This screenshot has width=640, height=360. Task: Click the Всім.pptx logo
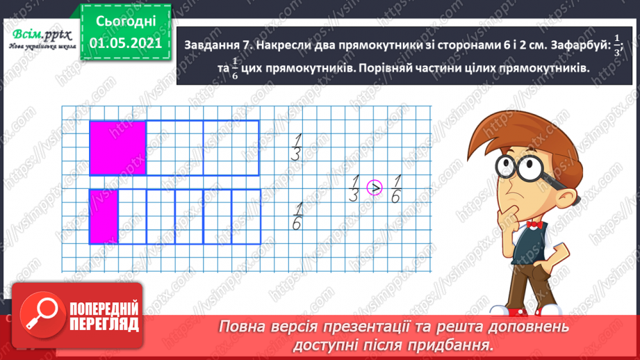(x=42, y=35)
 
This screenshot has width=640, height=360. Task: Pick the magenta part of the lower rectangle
(x=104, y=216)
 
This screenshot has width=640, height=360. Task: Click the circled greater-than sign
(x=375, y=188)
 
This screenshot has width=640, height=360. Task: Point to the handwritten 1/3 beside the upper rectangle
(x=297, y=147)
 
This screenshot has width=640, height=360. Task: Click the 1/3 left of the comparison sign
(x=354, y=188)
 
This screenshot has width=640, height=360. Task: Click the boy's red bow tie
(x=533, y=224)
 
